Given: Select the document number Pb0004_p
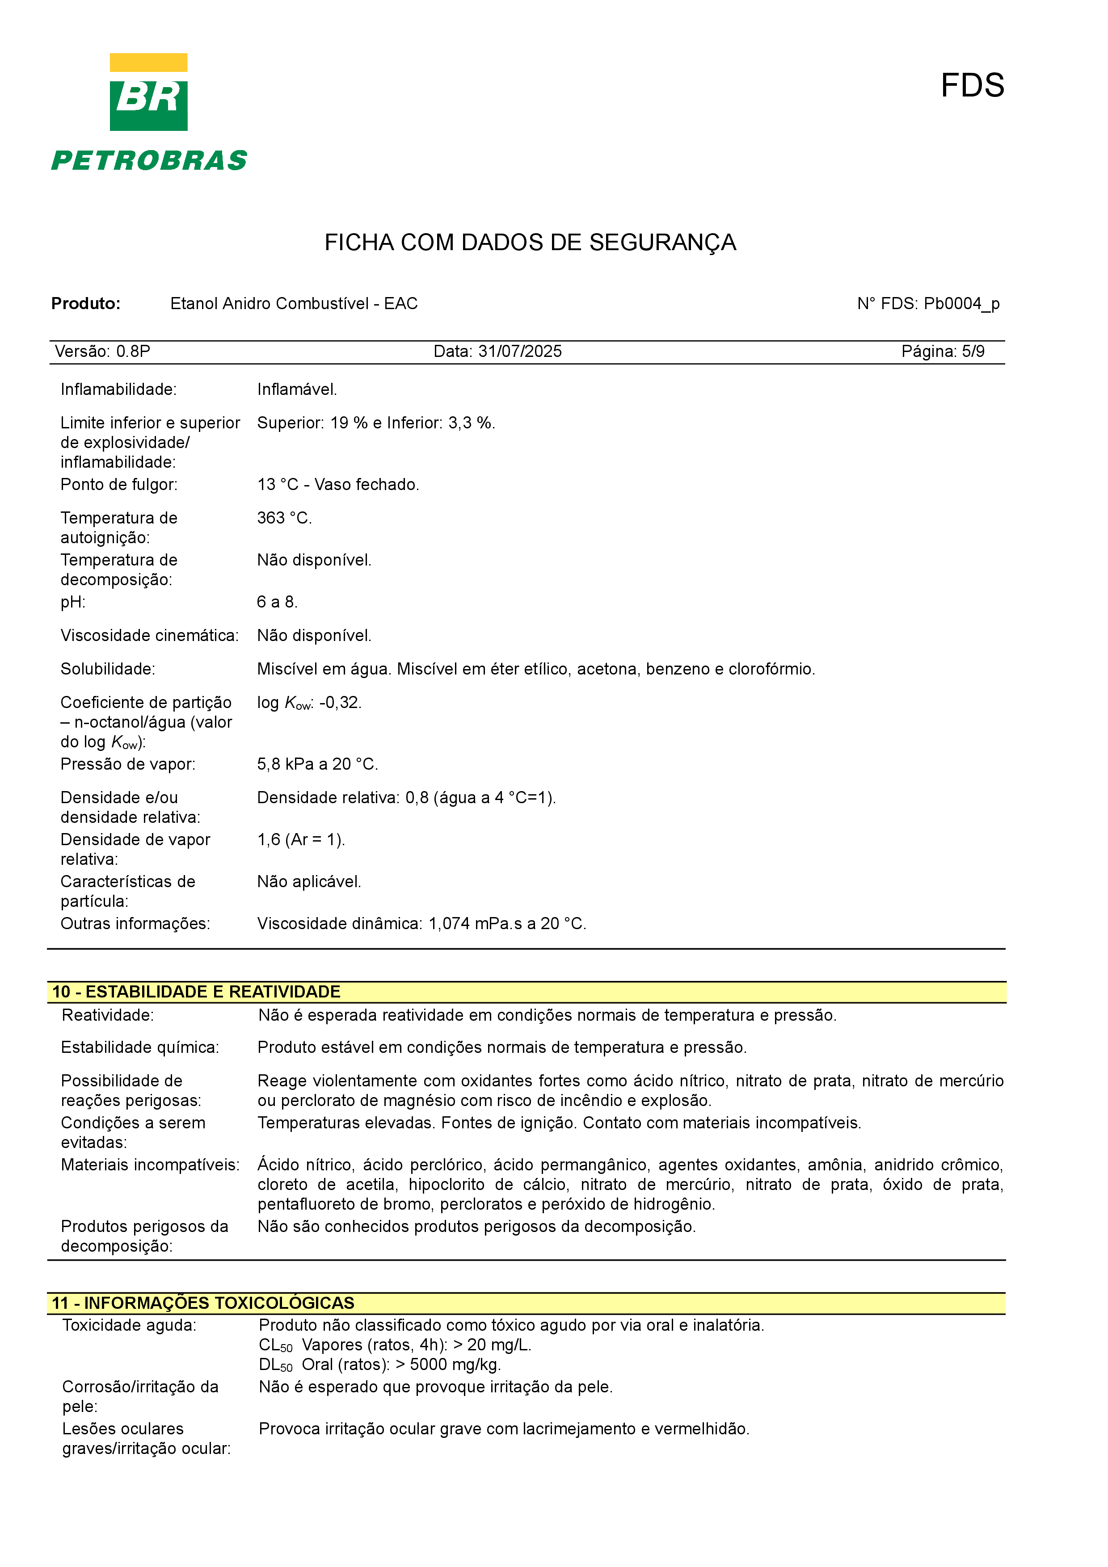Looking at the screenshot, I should (x=961, y=304).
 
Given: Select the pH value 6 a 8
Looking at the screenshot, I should (x=277, y=602).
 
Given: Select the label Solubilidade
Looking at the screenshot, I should (x=108, y=670).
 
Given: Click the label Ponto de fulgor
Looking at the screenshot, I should (x=119, y=485).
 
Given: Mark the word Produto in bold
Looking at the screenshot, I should (x=86, y=304).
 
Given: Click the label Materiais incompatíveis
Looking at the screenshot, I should (x=150, y=1165).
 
